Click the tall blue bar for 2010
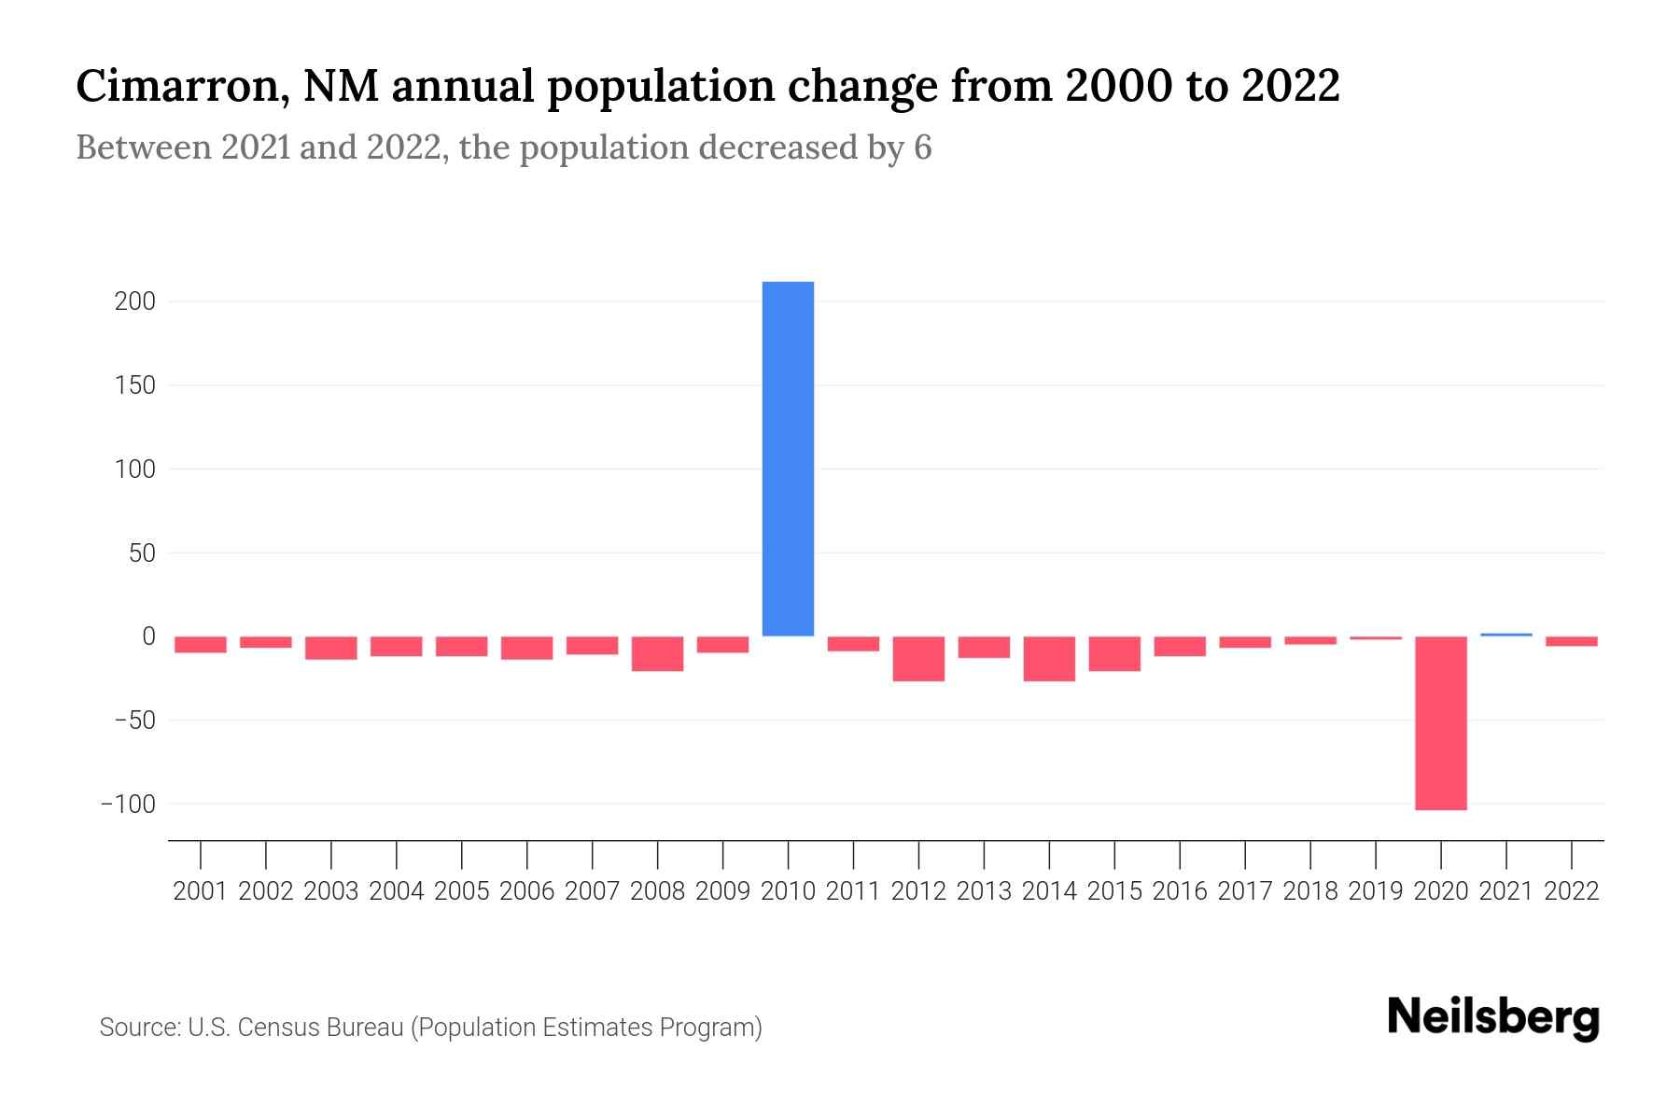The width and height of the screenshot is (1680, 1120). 788,458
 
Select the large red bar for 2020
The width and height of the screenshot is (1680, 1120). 1440,722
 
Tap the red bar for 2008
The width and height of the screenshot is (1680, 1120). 657,653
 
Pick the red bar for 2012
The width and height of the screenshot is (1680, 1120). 918,658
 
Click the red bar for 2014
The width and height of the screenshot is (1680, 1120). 1049,658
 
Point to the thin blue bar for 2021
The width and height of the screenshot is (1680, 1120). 1505,635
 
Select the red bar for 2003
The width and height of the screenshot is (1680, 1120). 331,648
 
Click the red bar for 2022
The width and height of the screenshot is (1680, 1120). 1571,641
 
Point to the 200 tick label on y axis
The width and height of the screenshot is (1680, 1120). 135,301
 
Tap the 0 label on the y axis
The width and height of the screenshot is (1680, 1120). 148,637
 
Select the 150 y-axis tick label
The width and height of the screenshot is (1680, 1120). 136,385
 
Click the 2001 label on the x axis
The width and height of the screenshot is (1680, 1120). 201,891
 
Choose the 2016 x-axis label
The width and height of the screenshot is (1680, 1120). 1180,891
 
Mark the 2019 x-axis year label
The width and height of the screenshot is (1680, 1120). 1376,891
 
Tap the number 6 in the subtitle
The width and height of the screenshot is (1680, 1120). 922,147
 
